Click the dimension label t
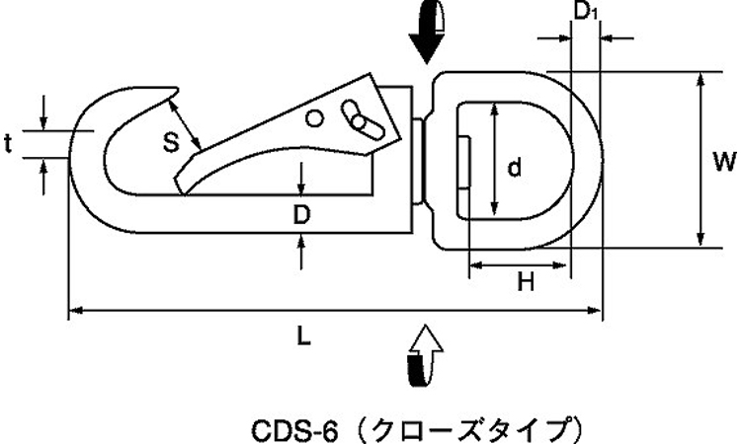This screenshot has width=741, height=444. coord(8,144)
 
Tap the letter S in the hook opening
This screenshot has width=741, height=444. coord(171,142)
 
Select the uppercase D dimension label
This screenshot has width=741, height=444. coord(301,215)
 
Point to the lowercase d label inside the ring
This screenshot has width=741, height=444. coord(515,167)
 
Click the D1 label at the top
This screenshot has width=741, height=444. coord(586,11)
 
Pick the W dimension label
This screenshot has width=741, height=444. coord(724,162)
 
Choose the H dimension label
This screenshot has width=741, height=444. coord(526,282)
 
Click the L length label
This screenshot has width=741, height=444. coord(304,335)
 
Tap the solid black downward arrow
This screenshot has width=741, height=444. coord(427,33)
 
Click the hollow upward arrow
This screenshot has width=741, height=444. coord(425,354)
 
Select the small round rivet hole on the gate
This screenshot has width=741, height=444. coord(314,118)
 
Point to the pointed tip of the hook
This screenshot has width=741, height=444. coord(177,89)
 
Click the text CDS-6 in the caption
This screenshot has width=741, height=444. coord(294,431)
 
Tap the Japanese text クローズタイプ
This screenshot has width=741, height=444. coord(473,430)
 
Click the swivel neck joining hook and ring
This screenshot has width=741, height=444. coord(418,162)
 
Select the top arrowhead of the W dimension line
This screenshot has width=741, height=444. coord(701,80)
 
